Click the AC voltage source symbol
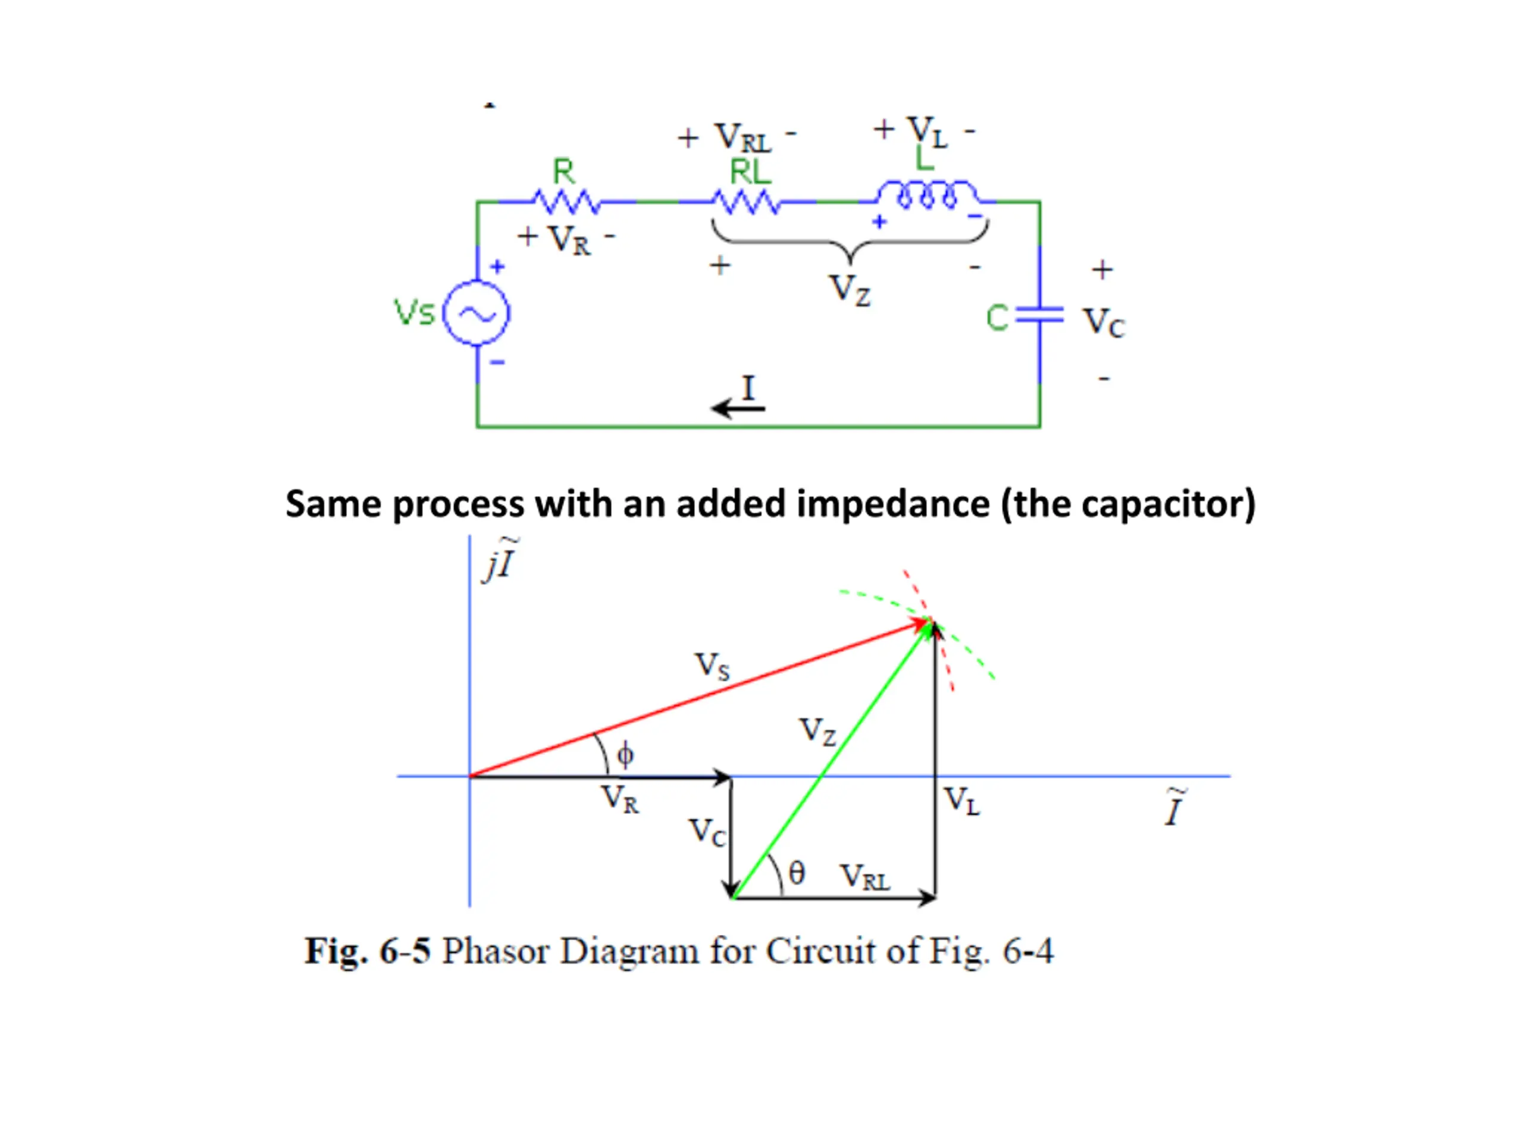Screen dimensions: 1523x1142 (476, 313)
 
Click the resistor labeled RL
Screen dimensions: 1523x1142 (745, 202)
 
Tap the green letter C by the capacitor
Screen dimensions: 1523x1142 (997, 318)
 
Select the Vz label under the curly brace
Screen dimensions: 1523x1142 (851, 289)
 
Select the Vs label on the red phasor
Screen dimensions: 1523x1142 (712, 666)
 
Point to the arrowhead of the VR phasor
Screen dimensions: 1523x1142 (723, 777)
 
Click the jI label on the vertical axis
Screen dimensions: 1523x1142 (500, 560)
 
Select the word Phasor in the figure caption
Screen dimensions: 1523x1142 (495, 951)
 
